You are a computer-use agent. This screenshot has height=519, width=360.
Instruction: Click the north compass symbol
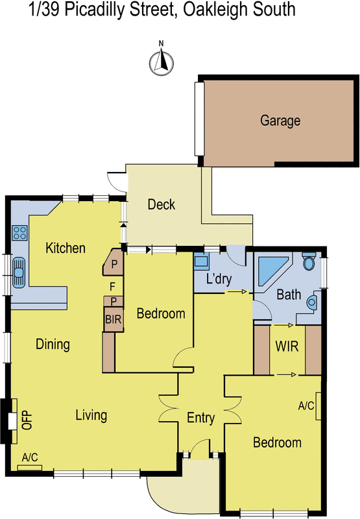[162, 61]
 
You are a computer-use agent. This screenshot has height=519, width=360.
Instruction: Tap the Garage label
[280, 121]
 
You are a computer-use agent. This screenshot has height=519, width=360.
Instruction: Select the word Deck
[162, 205]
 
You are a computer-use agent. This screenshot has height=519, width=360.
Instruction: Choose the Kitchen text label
[66, 248]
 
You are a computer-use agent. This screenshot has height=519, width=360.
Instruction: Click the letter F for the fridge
[112, 285]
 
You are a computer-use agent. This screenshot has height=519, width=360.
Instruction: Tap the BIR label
[113, 319]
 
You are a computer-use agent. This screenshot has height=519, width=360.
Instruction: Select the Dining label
[53, 344]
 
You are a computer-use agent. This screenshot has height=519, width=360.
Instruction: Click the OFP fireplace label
[27, 421]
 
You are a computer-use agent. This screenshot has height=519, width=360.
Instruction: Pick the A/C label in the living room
[30, 457]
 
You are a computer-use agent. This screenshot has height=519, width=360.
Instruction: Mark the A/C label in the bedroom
[306, 406]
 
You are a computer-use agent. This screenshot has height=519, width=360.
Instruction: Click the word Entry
[200, 418]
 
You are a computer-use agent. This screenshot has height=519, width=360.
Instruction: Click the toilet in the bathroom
[309, 262]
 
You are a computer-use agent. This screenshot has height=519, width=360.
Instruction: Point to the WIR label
[287, 346]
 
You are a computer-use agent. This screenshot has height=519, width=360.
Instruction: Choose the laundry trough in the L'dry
[202, 262]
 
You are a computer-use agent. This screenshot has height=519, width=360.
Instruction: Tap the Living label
[91, 415]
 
